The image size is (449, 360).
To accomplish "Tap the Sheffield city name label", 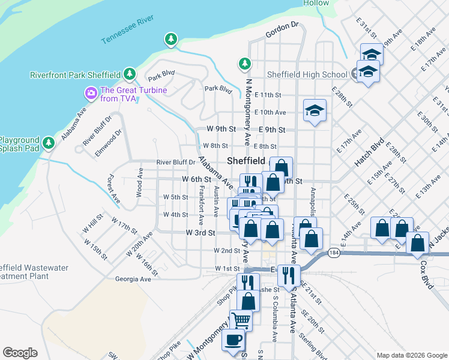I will (246, 161).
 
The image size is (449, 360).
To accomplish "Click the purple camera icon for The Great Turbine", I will (91, 93).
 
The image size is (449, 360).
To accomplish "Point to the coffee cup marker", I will (233, 339).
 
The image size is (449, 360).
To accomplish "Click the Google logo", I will (20, 353).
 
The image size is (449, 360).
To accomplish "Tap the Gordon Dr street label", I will (282, 25).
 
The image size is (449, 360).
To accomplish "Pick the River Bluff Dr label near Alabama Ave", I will (176, 162).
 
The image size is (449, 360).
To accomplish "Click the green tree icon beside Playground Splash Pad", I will (50, 143).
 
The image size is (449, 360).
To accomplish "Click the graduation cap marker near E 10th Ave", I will (315, 111).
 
